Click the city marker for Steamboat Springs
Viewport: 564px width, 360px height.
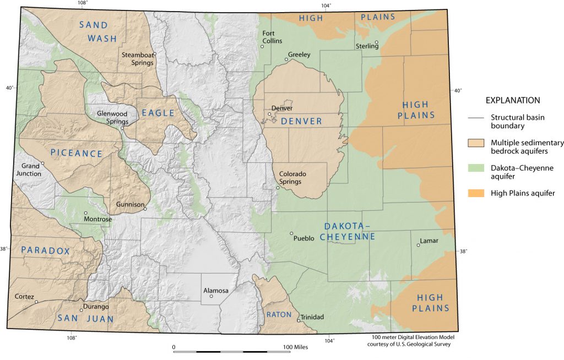coord(155,54)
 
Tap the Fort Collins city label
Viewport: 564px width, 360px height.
coord(272,37)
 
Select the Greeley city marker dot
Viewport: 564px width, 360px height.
coord(286,59)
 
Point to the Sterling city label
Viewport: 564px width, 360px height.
coord(367,46)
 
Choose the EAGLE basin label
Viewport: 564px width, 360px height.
coord(158,113)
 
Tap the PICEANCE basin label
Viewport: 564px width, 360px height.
coord(77,152)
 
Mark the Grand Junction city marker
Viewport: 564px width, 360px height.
coord(42,163)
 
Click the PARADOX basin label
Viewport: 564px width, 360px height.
coord(46,250)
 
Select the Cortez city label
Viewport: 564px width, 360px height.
coord(24,296)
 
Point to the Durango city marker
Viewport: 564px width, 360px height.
coord(81,310)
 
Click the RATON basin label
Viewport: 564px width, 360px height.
coord(278,314)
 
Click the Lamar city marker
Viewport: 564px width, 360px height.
coord(418,246)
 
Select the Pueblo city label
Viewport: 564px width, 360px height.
coord(304,238)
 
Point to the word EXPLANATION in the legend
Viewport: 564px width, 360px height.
coord(512,100)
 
